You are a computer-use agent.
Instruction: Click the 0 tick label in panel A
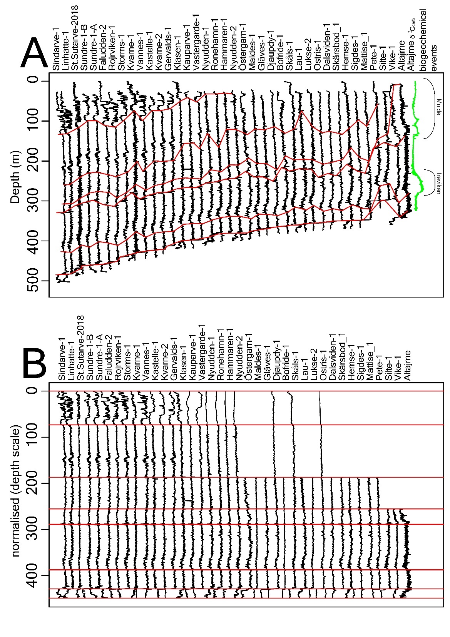click(x=34, y=80)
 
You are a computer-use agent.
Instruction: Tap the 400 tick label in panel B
click(x=34, y=575)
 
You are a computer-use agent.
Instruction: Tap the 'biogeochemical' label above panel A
click(x=423, y=40)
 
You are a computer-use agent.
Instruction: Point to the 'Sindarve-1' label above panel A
click(x=56, y=50)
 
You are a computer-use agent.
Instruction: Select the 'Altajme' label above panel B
click(x=408, y=365)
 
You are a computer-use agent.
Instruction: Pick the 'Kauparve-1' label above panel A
click(x=186, y=50)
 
